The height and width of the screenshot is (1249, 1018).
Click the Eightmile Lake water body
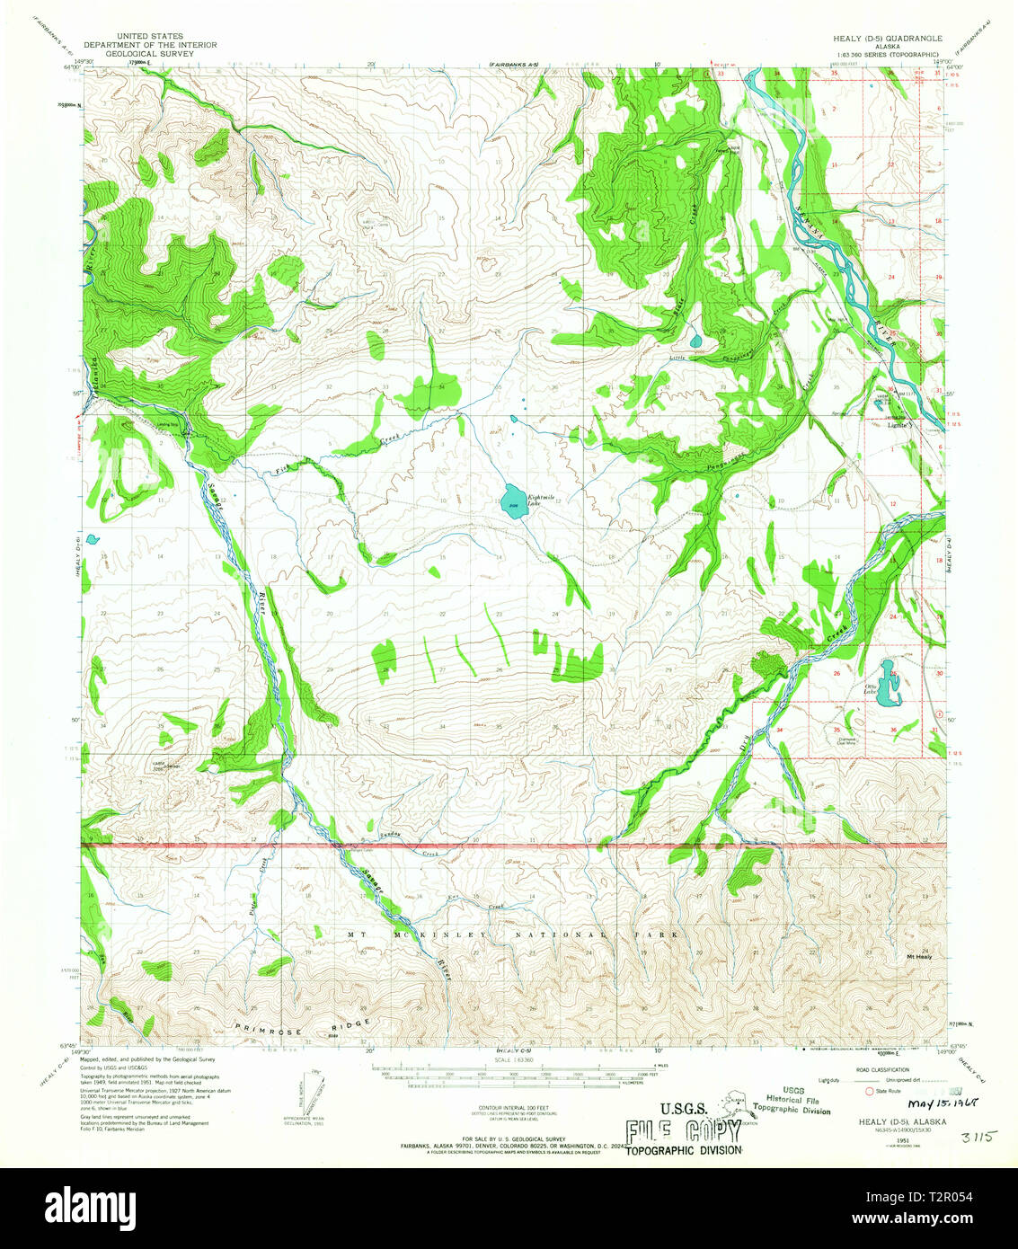(x=513, y=498)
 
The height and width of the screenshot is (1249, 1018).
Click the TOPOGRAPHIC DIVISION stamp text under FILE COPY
(x=684, y=1150)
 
